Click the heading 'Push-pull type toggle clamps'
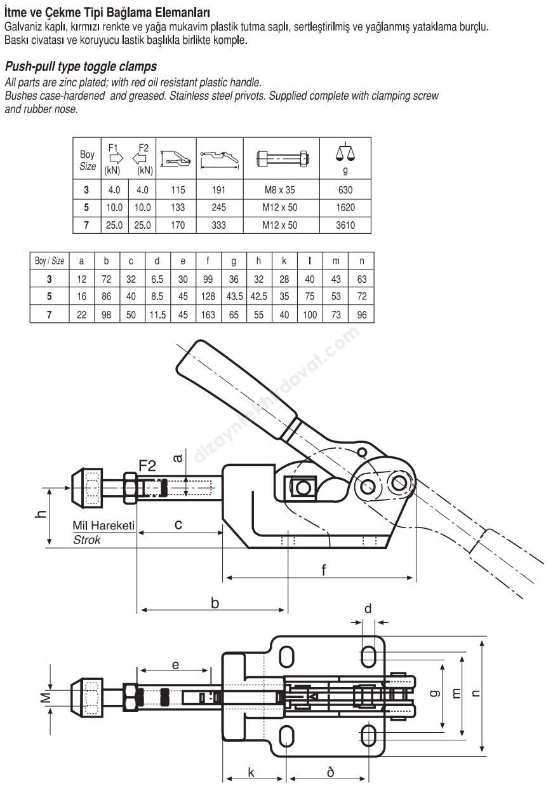click(x=81, y=67)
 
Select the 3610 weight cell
click(x=345, y=225)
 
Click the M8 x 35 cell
click(x=279, y=190)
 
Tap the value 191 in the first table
click(x=219, y=190)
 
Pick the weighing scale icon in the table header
click(x=345, y=153)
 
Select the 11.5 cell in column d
click(x=157, y=315)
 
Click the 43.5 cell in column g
click(x=234, y=297)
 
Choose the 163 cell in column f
click(x=208, y=315)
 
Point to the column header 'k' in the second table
click(x=284, y=261)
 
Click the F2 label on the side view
click(x=147, y=467)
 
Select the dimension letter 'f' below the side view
click(x=323, y=570)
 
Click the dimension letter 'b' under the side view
click(x=215, y=603)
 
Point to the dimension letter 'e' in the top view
click(x=175, y=665)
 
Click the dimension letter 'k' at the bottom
click(x=251, y=772)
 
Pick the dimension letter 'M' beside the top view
click(x=45, y=698)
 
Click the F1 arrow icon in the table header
click(x=114, y=158)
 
